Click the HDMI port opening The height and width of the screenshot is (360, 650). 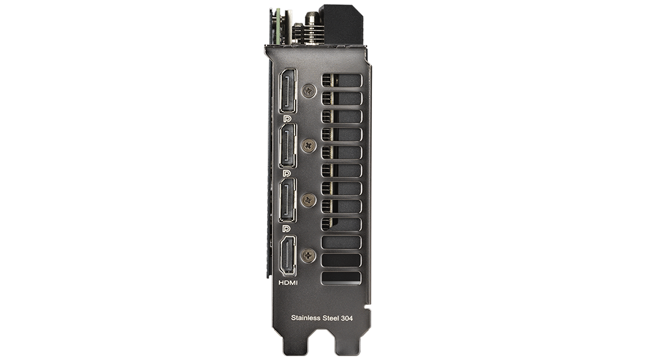(x=288, y=255)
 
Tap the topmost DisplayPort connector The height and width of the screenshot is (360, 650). (x=288, y=91)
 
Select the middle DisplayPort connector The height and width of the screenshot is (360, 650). (x=288, y=146)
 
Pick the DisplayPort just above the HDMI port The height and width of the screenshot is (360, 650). (x=288, y=201)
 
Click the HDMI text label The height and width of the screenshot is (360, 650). (x=288, y=283)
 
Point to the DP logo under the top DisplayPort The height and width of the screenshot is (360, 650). (x=287, y=119)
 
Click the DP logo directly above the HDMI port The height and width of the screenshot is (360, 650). (x=287, y=229)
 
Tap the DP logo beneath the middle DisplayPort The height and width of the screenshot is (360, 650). (x=287, y=174)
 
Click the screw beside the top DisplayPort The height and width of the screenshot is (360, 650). (x=308, y=91)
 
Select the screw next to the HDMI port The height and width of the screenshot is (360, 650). (x=307, y=255)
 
